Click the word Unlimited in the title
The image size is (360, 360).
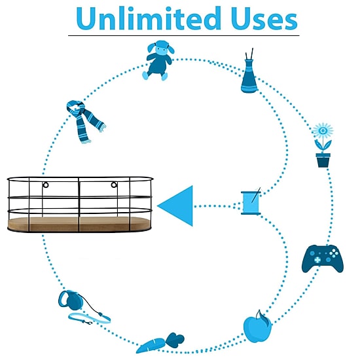coord(149,18)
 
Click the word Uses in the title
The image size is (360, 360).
coord(264,18)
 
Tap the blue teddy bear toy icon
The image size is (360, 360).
coord(158,60)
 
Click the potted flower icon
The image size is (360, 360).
coord(323,145)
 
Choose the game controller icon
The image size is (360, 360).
coord(323,259)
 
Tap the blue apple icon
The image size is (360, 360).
coord(258,327)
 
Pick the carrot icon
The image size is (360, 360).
coord(160,342)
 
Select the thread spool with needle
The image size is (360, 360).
coord(251,202)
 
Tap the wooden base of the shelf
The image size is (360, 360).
coord(79,224)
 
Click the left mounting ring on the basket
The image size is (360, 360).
coord(46,185)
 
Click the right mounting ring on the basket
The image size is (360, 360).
coord(114,185)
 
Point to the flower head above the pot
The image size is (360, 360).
coord(323,131)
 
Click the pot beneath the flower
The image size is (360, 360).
coord(323,160)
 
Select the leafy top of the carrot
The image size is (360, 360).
coord(175,339)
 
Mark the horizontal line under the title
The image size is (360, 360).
coord(184,35)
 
